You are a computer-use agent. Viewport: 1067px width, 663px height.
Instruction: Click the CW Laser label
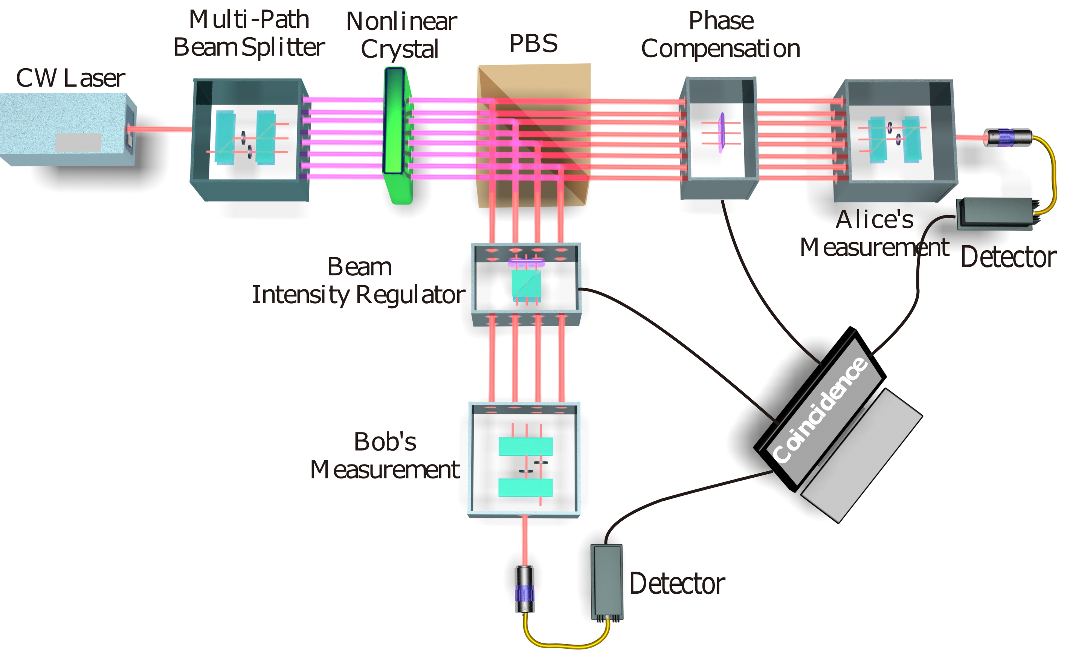[70, 78]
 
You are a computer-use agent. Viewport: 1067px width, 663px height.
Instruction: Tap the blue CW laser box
[66, 129]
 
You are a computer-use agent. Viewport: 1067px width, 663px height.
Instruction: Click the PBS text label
[533, 43]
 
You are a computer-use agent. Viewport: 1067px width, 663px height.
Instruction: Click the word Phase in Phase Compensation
[721, 21]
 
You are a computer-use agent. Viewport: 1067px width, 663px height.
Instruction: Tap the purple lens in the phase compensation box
[721, 133]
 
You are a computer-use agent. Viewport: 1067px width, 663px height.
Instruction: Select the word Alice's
[874, 220]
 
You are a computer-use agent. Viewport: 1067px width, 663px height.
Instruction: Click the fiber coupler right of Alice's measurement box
[1007, 138]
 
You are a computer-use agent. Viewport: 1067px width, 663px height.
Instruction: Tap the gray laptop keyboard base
[861, 456]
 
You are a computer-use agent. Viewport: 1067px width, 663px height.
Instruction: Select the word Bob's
[385, 441]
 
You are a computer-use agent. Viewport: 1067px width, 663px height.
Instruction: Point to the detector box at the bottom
[607, 581]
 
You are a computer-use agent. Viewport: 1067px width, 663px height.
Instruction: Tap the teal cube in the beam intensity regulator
[526, 285]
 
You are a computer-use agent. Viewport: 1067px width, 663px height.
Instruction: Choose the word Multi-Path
[249, 20]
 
